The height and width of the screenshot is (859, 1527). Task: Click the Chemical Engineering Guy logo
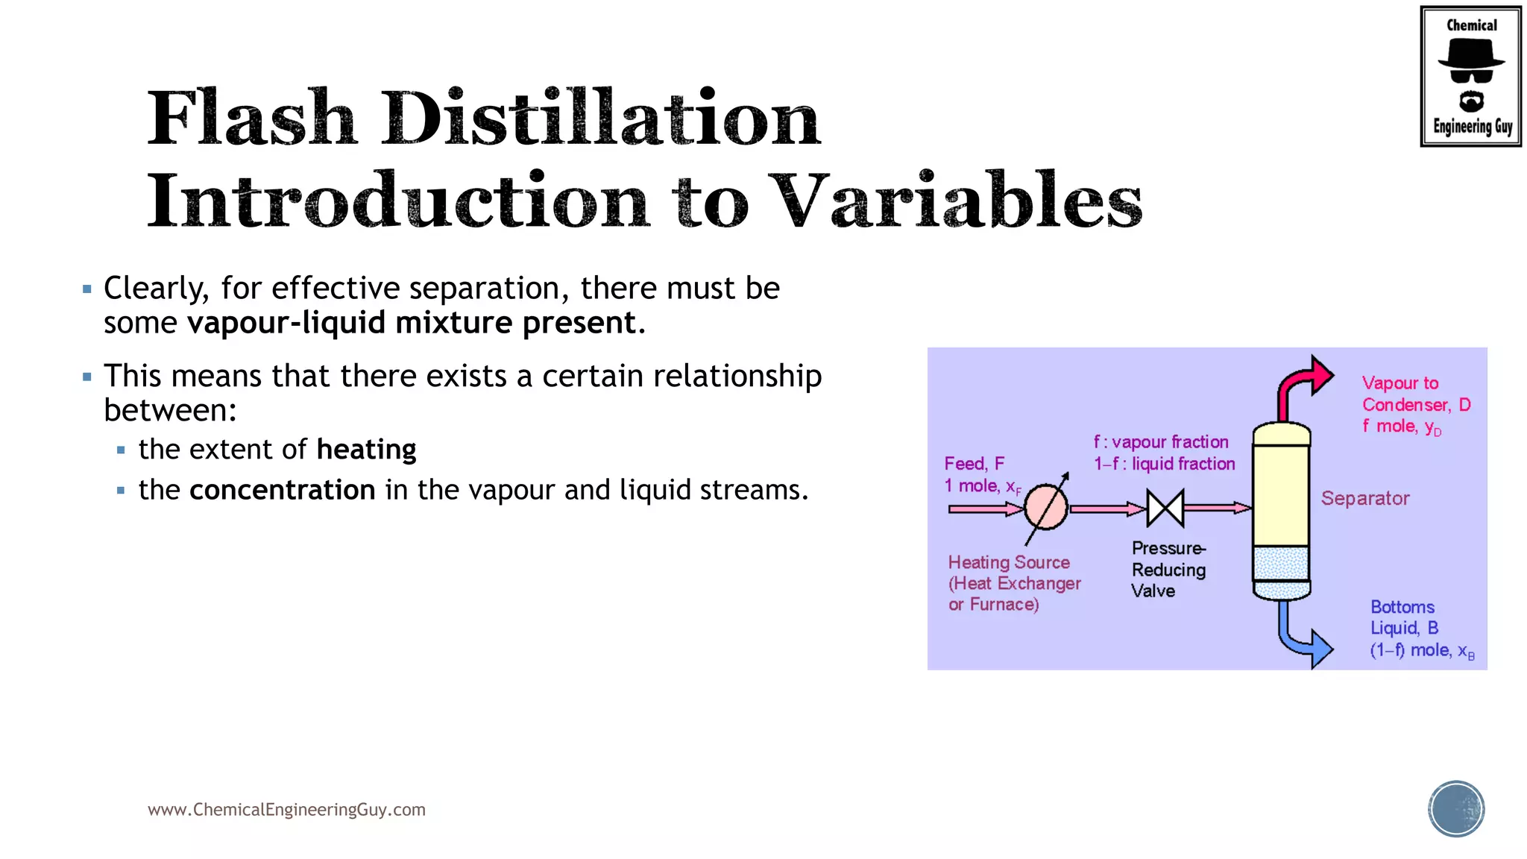[1470, 76]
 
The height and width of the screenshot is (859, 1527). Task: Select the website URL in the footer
[286, 810]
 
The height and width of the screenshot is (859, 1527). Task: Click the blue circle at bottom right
[1456, 808]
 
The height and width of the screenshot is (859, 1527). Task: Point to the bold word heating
[366, 450]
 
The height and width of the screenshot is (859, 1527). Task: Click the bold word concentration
[282, 490]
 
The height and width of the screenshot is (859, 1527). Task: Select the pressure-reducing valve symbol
[1165, 509]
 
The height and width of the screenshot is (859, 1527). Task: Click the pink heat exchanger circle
[1046, 508]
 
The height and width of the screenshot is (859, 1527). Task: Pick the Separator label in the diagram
[1364, 498]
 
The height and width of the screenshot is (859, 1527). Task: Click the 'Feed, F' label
[974, 464]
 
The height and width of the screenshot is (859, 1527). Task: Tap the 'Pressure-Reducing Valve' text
[1168, 570]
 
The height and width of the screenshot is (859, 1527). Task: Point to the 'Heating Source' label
[1009, 562]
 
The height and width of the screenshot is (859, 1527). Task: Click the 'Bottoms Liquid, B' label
[1404, 617]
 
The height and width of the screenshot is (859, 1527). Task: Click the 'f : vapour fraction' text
[1161, 442]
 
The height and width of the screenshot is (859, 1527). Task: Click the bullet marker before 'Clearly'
[87, 289]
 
